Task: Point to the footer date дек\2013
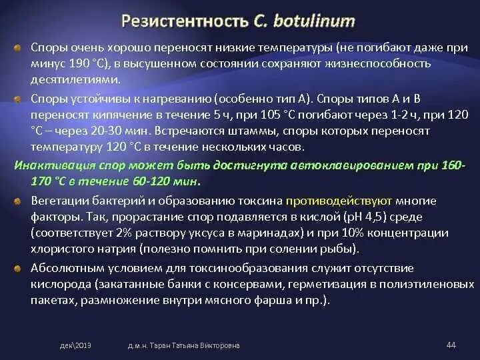click(x=75, y=345)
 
